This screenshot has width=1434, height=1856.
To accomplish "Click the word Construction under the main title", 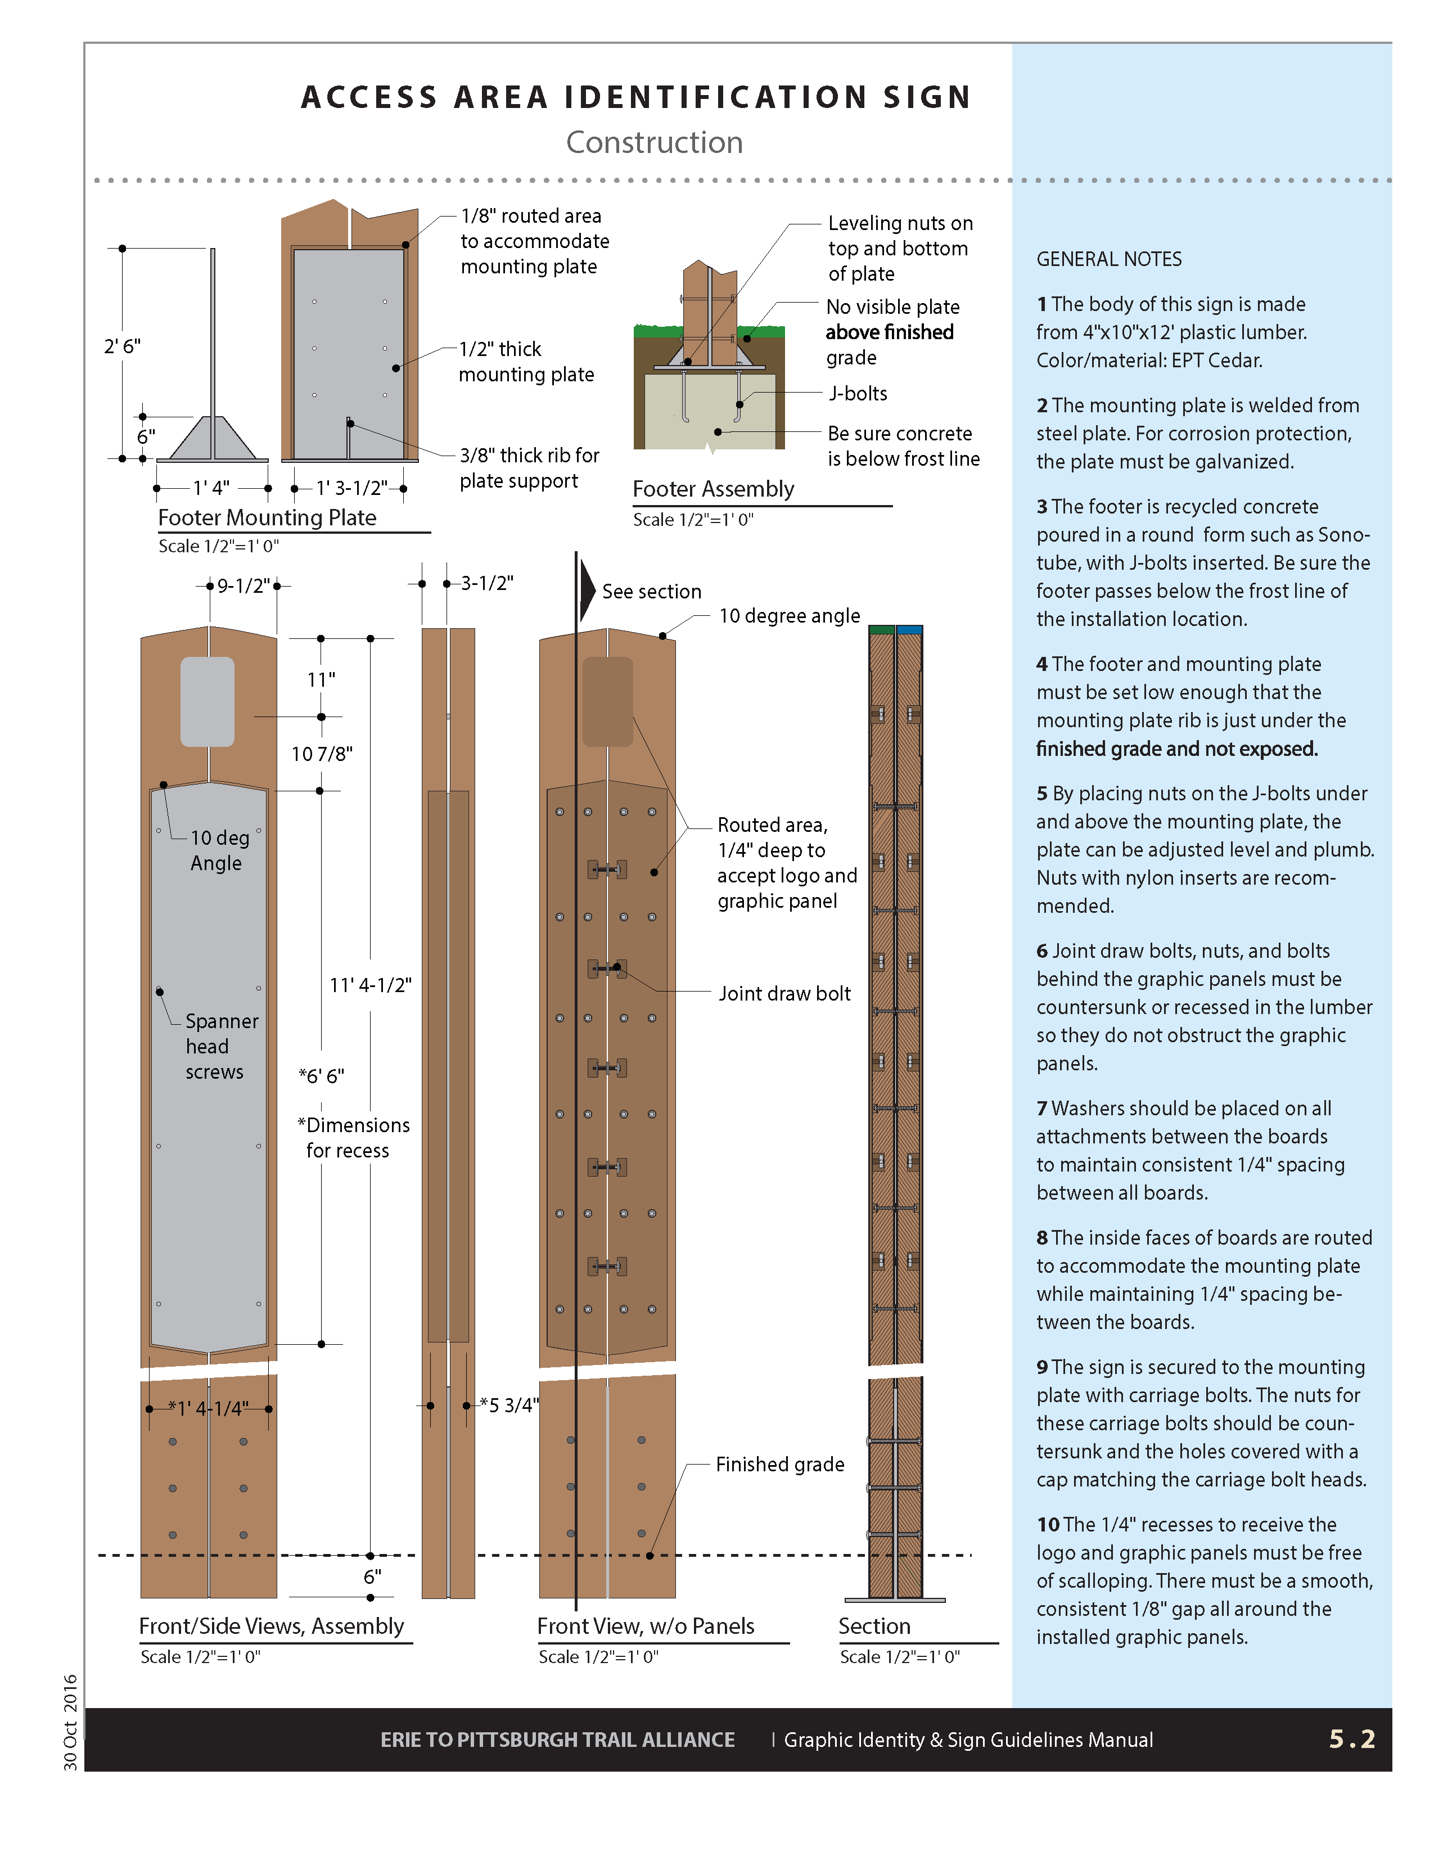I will click(654, 143).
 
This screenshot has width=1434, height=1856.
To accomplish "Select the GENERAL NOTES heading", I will click(1108, 259).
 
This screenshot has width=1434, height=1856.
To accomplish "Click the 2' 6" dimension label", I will click(123, 346).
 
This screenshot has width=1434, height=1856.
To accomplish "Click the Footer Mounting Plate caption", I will click(267, 517).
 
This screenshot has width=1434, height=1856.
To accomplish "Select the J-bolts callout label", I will click(858, 394).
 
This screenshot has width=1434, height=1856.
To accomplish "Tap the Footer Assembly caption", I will click(713, 489).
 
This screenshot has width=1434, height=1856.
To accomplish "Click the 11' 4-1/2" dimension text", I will click(371, 985).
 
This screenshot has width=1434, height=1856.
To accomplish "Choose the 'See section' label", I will click(652, 592).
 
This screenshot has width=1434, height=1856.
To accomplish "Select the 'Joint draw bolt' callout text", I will click(784, 993).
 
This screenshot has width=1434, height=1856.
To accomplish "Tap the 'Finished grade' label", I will click(780, 1464).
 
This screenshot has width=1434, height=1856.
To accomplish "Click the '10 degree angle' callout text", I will click(789, 616).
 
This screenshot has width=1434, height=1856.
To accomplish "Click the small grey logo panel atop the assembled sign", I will click(208, 701).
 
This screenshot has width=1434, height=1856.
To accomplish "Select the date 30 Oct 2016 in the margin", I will click(70, 1722).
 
